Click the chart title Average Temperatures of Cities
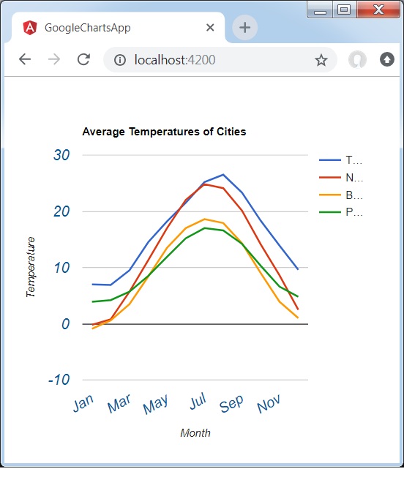point(164,132)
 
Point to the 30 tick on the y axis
point(61,155)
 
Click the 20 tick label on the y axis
point(61,211)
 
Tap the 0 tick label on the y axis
point(65,323)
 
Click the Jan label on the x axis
point(83,404)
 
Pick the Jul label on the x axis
point(198,403)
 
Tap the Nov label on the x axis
point(269,404)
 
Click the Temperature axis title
point(31,266)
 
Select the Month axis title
point(195,433)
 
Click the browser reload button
point(83,59)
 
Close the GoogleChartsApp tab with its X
point(210,28)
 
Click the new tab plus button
point(244,28)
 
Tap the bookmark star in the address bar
point(321,60)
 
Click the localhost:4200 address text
point(175,60)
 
